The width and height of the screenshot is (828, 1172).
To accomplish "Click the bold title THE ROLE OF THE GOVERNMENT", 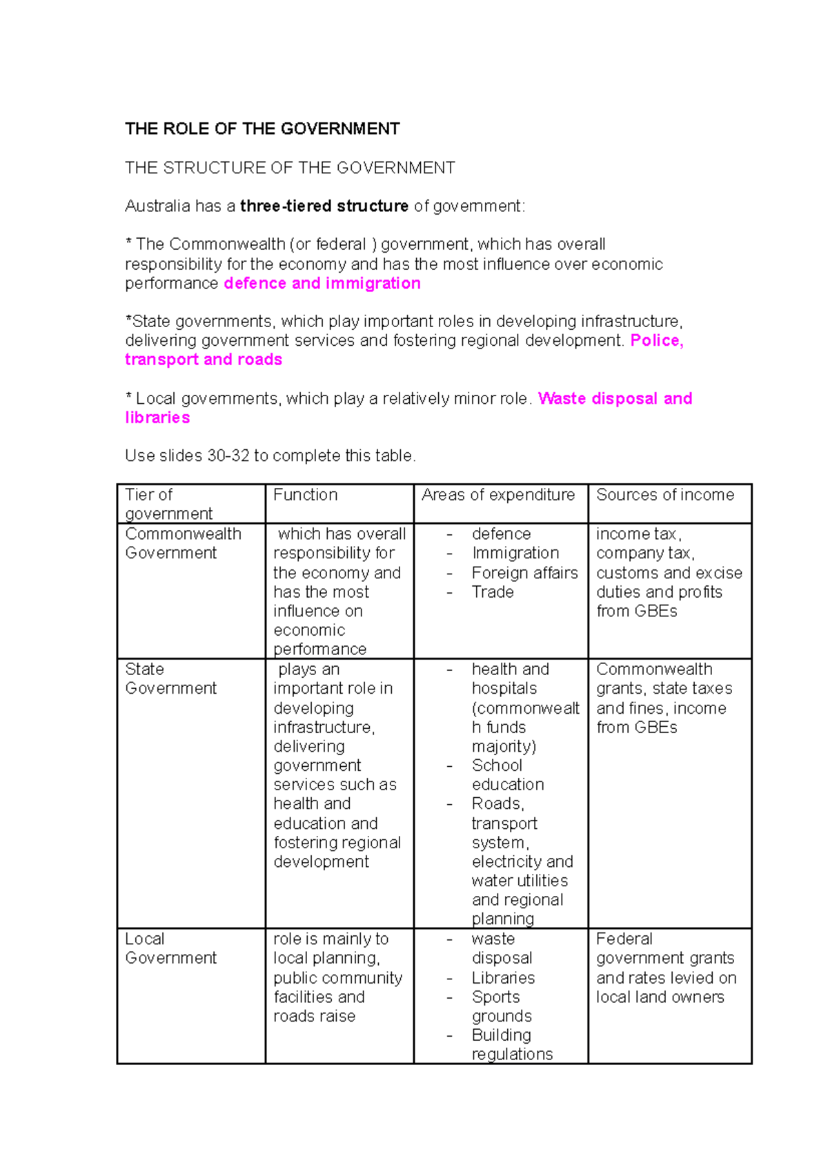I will pyautogui.click(x=262, y=129).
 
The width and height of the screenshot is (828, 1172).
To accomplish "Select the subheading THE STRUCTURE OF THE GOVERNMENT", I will pyautogui.click(x=290, y=168).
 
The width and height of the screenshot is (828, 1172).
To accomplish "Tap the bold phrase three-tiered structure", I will pyautogui.click(x=324, y=206).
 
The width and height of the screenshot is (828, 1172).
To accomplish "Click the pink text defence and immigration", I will pyautogui.click(x=322, y=284).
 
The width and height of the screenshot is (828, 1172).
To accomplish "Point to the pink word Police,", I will pyautogui.click(x=656, y=340).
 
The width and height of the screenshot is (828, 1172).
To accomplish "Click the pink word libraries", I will pyautogui.click(x=157, y=418).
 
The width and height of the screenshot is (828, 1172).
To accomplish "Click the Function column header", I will pyautogui.click(x=305, y=495).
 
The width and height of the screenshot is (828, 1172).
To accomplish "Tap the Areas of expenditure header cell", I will pyautogui.click(x=497, y=495).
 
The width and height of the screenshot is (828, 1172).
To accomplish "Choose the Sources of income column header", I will pyautogui.click(x=665, y=495).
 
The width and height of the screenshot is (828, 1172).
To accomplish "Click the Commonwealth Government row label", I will pyautogui.click(x=183, y=543).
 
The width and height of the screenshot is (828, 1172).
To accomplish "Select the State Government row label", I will pyautogui.click(x=170, y=678).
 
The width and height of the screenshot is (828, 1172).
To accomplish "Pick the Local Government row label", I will pyautogui.click(x=170, y=948).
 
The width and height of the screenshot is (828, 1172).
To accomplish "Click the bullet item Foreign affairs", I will pyautogui.click(x=524, y=573).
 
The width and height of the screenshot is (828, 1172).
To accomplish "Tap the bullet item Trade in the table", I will pyautogui.click(x=493, y=592).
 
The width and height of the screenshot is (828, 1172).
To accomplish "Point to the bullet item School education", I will pyautogui.click(x=507, y=775).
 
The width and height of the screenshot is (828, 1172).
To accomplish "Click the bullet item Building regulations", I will pyautogui.click(x=511, y=1044).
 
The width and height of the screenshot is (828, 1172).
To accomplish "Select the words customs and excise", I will pyautogui.click(x=669, y=573).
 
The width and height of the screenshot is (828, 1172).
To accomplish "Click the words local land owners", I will pyautogui.click(x=660, y=997).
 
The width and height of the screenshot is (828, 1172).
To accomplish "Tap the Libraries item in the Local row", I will pyautogui.click(x=503, y=978).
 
